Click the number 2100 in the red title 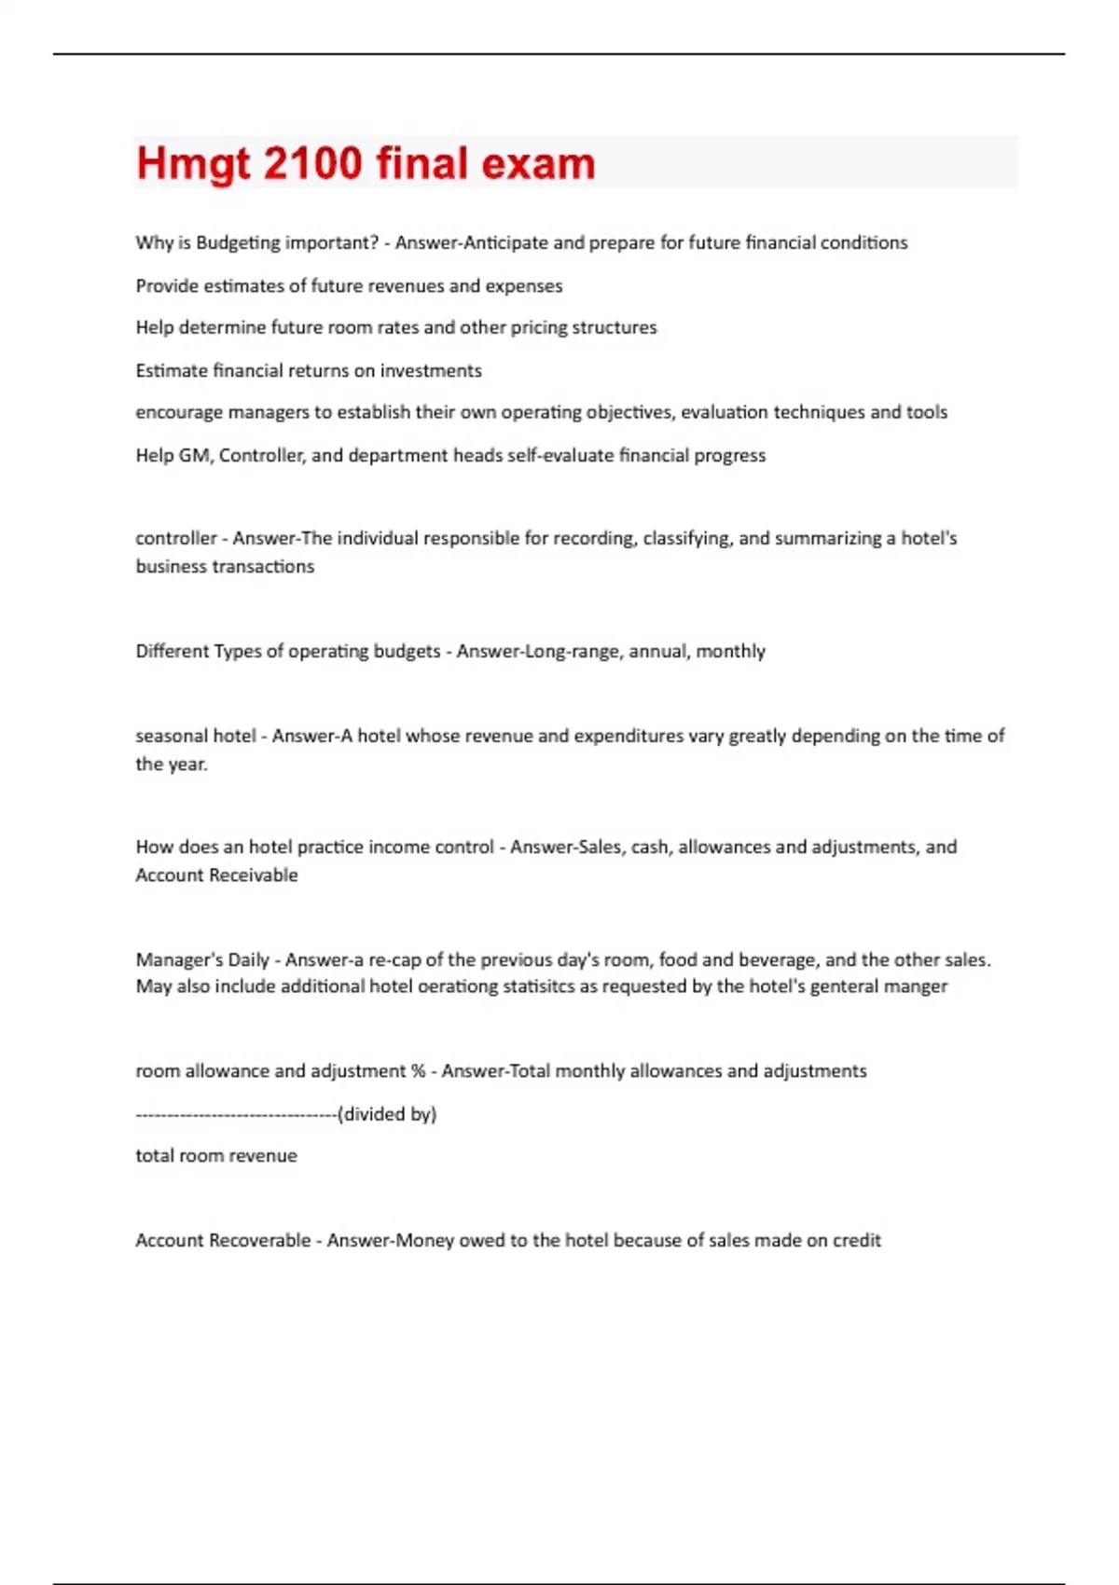click(312, 163)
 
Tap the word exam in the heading click(538, 163)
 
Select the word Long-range click(571, 651)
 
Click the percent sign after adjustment click(418, 1071)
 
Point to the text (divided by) click(387, 1114)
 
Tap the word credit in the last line click(857, 1240)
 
